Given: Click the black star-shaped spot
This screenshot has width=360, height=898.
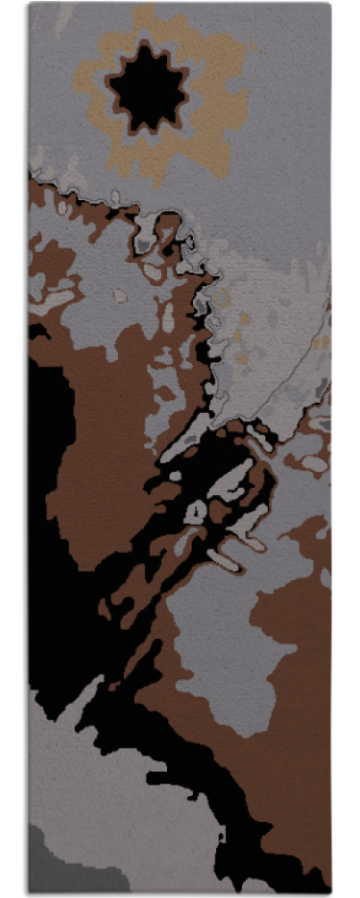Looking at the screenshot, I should coord(148,88).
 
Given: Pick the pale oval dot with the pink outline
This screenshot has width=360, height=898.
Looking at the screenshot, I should coord(117,294).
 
